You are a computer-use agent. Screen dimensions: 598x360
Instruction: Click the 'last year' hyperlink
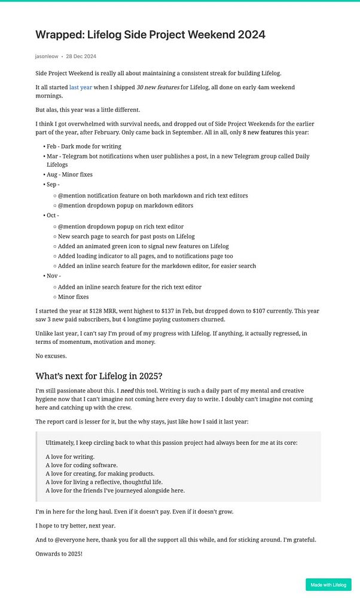(81, 87)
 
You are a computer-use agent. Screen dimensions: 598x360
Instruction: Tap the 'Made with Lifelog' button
(328, 584)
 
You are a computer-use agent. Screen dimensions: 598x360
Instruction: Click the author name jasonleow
(46, 56)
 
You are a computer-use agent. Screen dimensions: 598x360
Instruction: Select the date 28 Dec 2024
(81, 56)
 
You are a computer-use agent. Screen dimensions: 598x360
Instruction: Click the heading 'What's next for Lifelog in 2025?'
(99, 376)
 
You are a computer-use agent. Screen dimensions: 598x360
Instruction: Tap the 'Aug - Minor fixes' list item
(69, 175)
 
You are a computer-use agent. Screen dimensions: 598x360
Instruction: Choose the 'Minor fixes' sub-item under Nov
(73, 297)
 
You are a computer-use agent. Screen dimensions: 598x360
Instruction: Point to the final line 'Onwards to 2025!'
(59, 553)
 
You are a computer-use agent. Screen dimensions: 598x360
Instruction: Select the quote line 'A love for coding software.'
(81, 465)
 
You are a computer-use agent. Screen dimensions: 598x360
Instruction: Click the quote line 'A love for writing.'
(70, 457)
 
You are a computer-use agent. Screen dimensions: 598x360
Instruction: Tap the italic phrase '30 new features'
(158, 87)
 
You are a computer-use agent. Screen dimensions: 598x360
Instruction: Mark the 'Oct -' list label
(53, 215)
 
